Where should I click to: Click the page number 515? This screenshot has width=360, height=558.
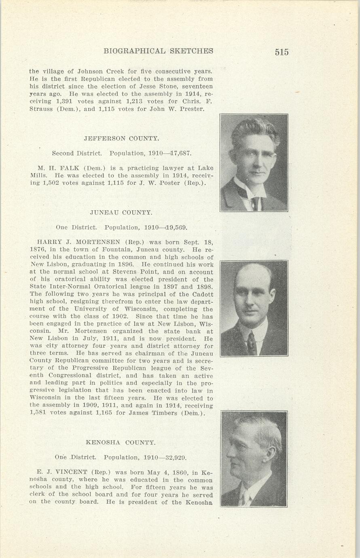pyautogui.click(x=282, y=52)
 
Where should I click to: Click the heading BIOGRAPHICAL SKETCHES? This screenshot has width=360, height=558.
pyautogui.click(x=158, y=51)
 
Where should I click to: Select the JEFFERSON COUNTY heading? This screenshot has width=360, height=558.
pyautogui.click(x=121, y=138)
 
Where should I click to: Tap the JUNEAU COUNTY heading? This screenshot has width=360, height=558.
pyautogui.click(x=121, y=212)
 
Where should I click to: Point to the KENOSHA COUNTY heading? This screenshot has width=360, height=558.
pyautogui.click(x=121, y=442)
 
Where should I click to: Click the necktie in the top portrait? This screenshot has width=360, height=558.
pyautogui.click(x=255, y=203)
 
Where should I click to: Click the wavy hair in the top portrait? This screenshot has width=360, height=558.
pyautogui.click(x=255, y=129)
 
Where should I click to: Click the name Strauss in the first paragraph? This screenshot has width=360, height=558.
pyautogui.click(x=40, y=109)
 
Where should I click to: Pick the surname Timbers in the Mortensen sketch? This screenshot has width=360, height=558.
pyautogui.click(x=165, y=413)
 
